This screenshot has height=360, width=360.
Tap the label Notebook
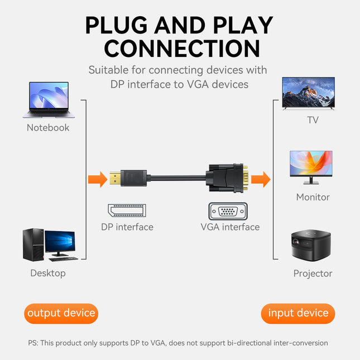48,128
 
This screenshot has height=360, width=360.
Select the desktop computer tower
32,244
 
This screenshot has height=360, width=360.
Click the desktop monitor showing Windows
59,244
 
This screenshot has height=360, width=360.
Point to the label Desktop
48,273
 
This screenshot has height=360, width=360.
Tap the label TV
313,120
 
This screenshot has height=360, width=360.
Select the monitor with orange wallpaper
311,166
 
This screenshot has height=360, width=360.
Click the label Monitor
313,197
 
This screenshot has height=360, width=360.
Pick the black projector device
311,246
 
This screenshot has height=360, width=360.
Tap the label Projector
313,273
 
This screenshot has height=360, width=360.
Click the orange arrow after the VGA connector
260,180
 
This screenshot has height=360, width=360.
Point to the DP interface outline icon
127,211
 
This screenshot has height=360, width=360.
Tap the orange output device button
61,313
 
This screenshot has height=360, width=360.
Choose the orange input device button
298,313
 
